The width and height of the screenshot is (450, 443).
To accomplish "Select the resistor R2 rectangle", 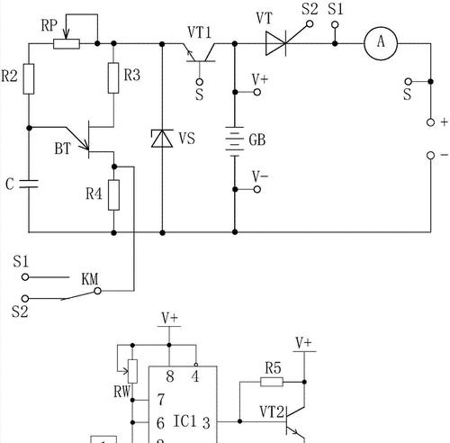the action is click(x=29, y=78).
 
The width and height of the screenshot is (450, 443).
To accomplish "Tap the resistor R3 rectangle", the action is click(x=113, y=78).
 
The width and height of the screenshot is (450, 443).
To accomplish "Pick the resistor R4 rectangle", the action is click(x=113, y=194).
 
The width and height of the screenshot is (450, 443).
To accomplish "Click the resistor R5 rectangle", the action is click(x=272, y=382).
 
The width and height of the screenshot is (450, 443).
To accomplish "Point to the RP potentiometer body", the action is click(x=67, y=44).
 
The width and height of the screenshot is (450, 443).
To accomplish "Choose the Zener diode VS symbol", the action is click(x=162, y=138).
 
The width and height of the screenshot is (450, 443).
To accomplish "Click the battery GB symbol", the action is click(x=235, y=141).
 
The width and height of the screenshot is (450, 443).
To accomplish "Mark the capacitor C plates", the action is click(x=29, y=184).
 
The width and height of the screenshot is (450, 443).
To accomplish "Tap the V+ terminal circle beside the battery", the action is click(x=257, y=92).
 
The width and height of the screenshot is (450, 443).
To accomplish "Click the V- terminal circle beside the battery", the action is click(x=257, y=189).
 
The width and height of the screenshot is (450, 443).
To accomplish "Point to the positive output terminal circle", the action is click(x=430, y=122).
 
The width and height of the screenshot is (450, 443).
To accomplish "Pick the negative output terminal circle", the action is click(x=430, y=156).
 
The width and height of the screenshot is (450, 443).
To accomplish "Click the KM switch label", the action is click(x=90, y=279).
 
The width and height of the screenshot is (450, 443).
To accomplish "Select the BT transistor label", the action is click(x=62, y=149).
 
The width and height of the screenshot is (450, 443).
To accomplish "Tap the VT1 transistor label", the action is click(x=200, y=32).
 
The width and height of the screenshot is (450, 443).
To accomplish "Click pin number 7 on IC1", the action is click(x=161, y=400).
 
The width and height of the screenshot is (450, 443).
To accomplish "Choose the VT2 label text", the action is click(x=272, y=411).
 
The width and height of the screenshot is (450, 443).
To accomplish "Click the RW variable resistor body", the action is click(x=132, y=371).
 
